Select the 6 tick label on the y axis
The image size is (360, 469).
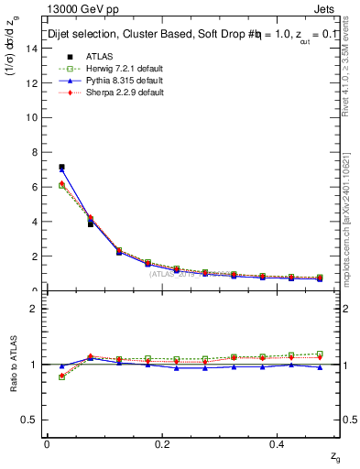[x=35, y=187]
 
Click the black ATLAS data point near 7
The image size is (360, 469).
[x=61, y=168]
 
